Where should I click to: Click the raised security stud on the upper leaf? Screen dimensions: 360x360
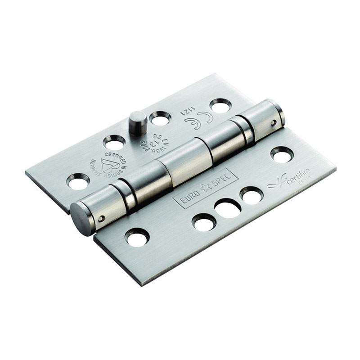[138, 123]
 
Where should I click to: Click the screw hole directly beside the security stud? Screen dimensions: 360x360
[160, 118]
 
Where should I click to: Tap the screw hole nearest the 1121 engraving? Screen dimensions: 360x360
[220, 105]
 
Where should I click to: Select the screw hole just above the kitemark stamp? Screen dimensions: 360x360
[114, 143]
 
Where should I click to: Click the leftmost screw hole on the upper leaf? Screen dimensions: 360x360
[78, 181]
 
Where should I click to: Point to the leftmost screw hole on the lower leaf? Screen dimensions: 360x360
[137, 237]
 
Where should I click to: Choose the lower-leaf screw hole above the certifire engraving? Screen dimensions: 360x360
[282, 154]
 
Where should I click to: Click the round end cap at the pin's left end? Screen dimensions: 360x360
[81, 218]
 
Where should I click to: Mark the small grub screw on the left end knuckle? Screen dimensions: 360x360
[102, 219]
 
